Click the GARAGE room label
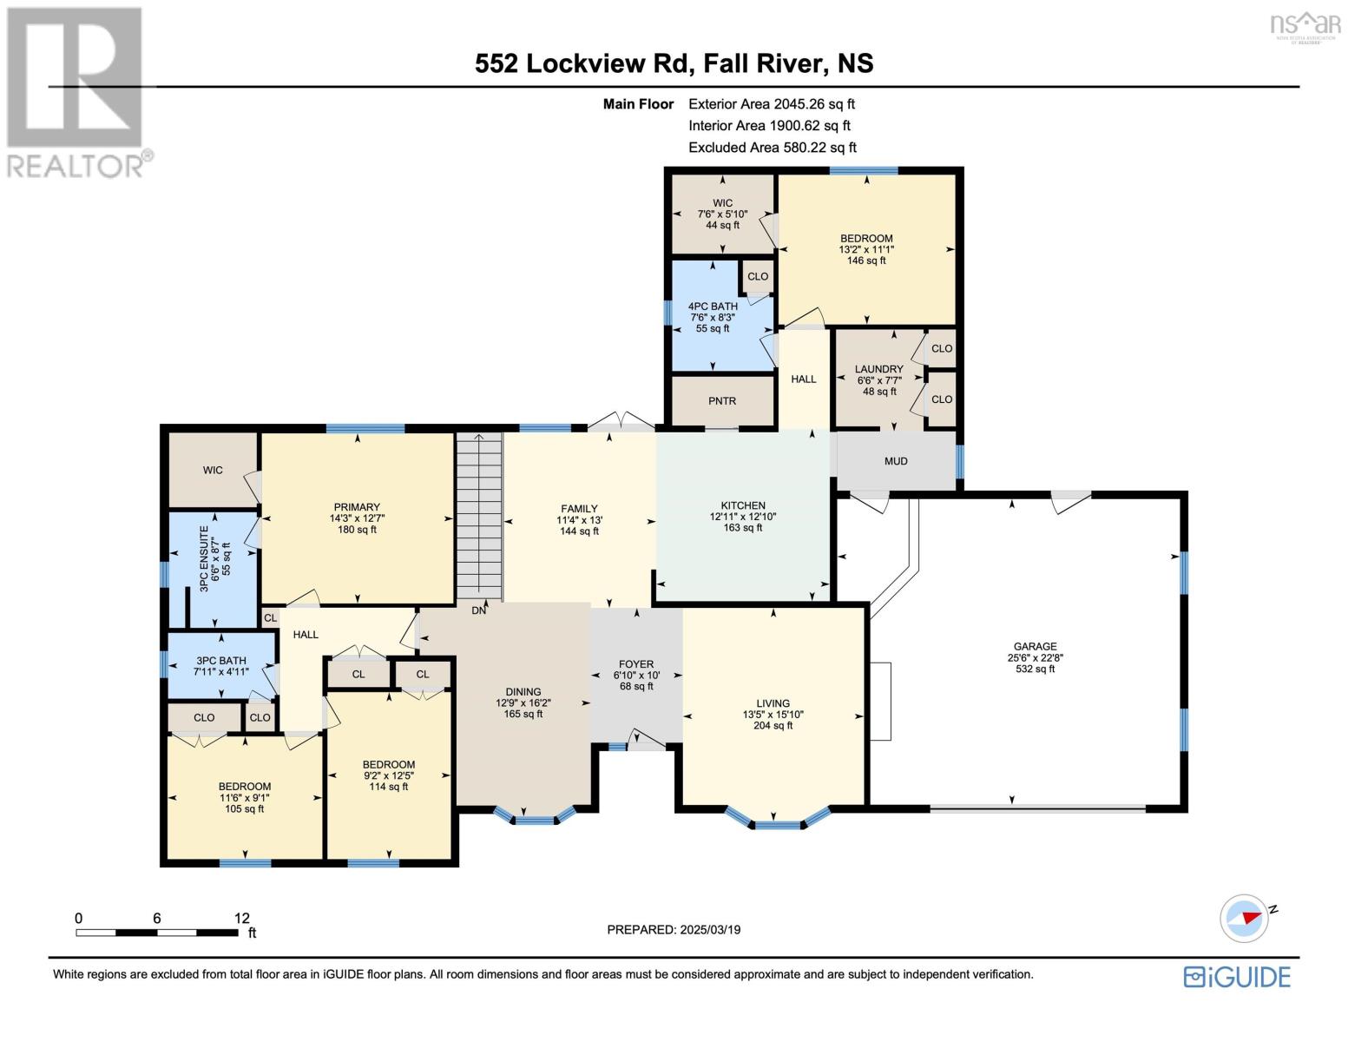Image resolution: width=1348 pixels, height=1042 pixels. pos(1035,646)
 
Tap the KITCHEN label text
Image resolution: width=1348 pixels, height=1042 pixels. pos(742,505)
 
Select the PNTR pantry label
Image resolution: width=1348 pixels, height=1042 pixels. pos(722,401)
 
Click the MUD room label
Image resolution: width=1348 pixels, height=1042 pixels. pos(896,461)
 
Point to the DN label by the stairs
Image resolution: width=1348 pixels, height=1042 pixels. pos(478,610)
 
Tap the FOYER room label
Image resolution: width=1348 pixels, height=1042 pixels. pos(636,664)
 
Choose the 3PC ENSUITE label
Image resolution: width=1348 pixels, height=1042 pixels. pos(204,558)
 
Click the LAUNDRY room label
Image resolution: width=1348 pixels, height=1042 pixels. pos(879,369)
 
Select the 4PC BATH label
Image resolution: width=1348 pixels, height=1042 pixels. pos(713,306)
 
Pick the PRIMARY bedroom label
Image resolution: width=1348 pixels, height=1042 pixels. pos(357,507)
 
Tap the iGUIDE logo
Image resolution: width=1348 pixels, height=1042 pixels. pos(1237,977)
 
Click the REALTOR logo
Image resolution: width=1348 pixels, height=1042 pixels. pos(78,93)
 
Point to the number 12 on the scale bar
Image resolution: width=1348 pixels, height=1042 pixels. pos(242,918)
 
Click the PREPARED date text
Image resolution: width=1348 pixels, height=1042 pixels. pos(674,930)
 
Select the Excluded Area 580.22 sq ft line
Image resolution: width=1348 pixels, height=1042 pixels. pos(773,148)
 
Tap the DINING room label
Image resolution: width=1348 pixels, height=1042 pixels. pos(523,691)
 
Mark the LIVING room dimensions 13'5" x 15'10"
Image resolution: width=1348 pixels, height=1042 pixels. pos(773,715)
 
